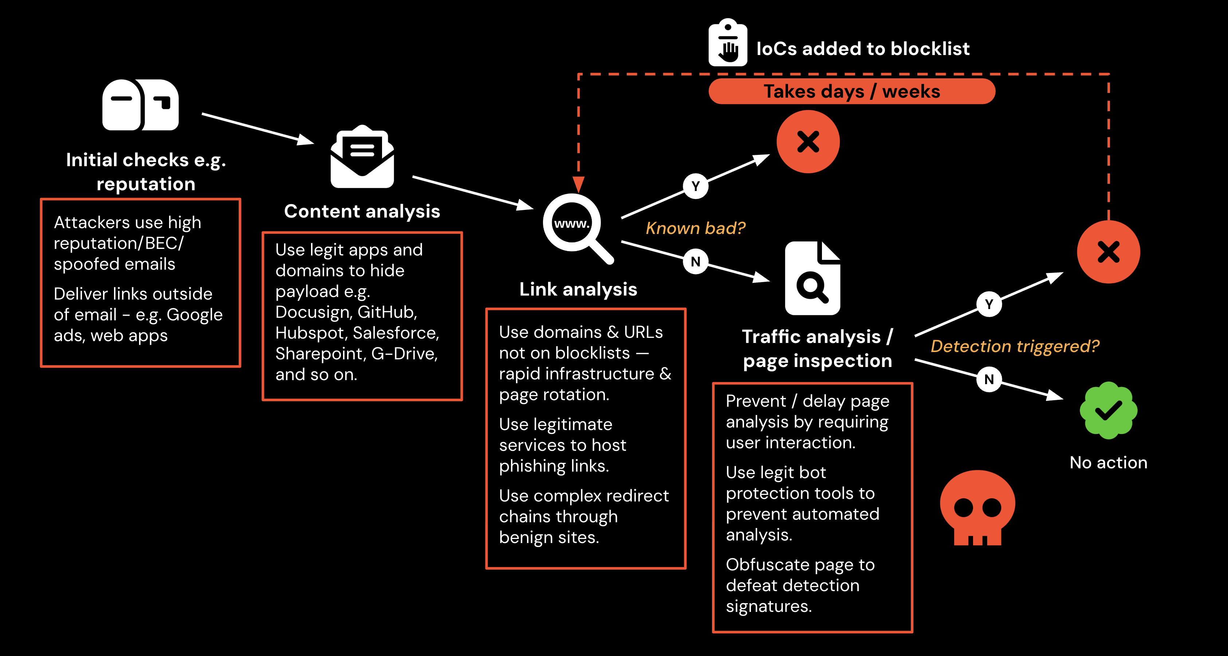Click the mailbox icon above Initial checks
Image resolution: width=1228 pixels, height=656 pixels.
[x=140, y=105]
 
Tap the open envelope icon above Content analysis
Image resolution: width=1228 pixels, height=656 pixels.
[x=362, y=157]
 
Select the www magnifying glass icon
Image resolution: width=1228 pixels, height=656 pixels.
[x=574, y=226]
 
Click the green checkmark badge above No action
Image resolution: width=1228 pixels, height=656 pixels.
[x=1108, y=410]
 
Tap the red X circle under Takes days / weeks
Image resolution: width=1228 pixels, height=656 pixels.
[x=808, y=142]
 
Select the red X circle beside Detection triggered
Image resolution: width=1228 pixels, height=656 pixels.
[x=1108, y=252]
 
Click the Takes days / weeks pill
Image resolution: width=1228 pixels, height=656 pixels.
[x=852, y=91]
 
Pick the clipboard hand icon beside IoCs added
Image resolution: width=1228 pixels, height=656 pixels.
[x=728, y=43]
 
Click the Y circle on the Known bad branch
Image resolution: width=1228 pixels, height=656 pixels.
[x=696, y=186]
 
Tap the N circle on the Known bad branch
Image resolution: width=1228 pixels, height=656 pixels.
[x=696, y=261]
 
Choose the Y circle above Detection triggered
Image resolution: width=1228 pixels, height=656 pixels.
[x=989, y=304]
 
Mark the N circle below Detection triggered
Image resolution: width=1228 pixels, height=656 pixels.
[x=989, y=379]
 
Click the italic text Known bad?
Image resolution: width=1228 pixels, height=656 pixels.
[x=695, y=228]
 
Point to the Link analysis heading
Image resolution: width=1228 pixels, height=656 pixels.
[x=578, y=289]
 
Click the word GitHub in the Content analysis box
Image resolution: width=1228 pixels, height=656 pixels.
[x=387, y=312]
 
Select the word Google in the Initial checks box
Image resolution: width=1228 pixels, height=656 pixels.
[x=194, y=315]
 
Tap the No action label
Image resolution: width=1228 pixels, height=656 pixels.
[x=1108, y=462]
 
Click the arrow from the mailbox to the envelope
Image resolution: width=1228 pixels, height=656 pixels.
[x=257, y=129]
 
